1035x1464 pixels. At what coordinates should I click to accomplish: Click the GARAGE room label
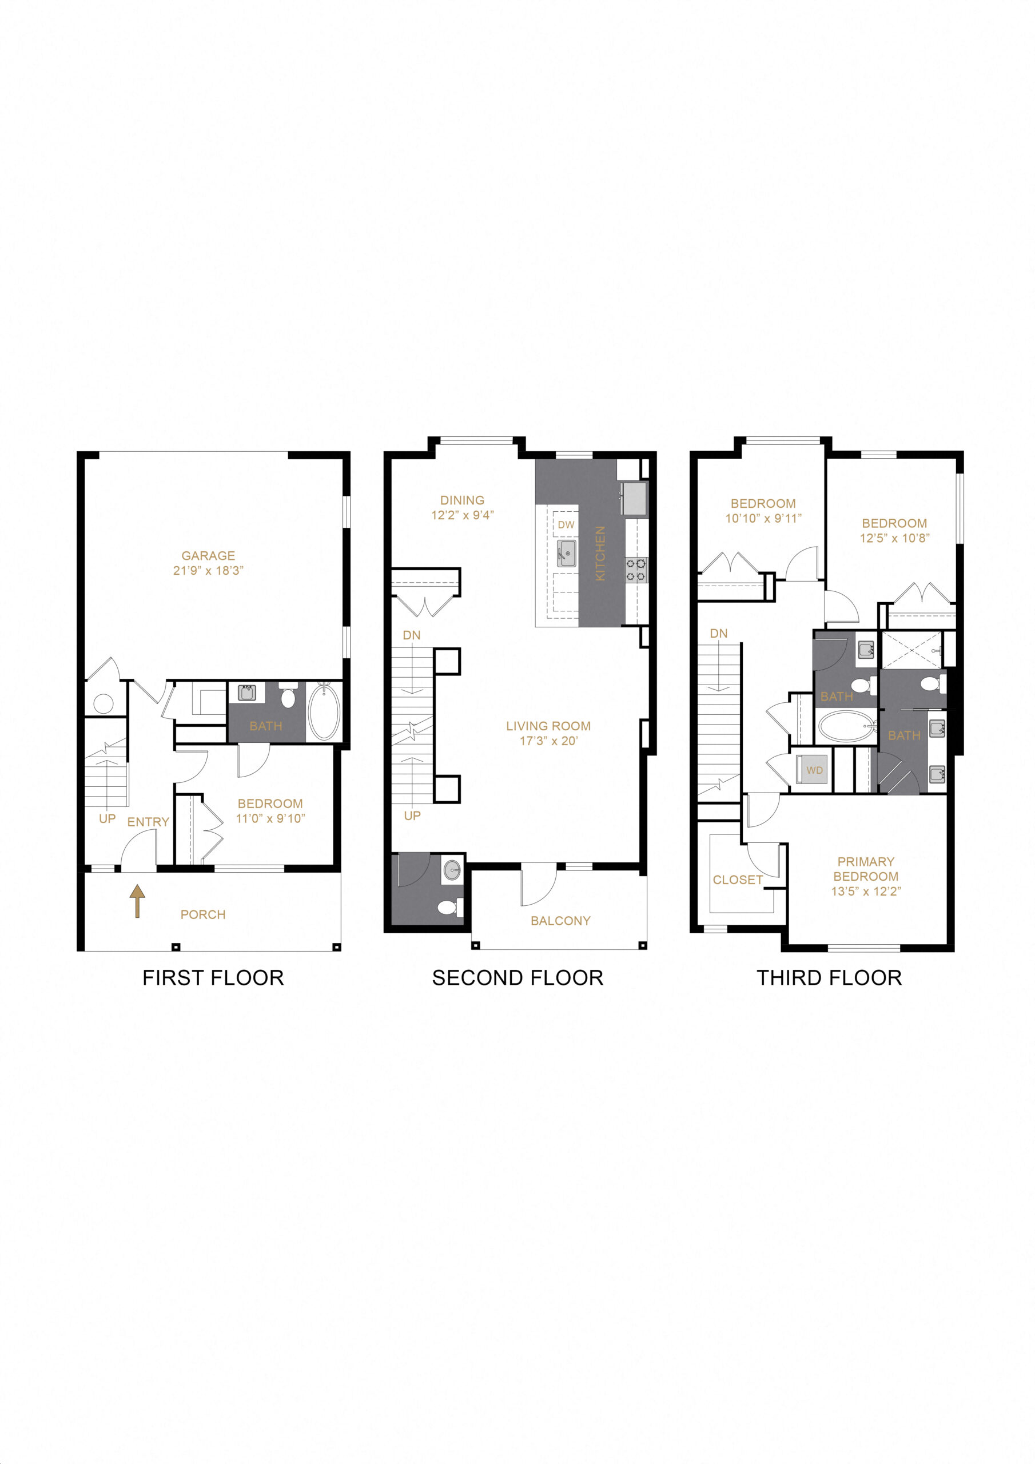click(208, 555)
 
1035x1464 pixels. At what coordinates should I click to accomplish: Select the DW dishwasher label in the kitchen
click(566, 525)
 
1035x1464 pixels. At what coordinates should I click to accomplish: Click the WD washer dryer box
click(814, 770)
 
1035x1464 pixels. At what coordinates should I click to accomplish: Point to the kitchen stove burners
click(636, 570)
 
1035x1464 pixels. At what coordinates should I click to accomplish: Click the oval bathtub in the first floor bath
click(324, 711)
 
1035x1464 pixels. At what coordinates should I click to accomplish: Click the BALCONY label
click(560, 921)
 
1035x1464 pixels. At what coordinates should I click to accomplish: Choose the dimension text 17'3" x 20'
click(548, 741)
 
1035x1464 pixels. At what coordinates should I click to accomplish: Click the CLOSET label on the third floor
click(737, 880)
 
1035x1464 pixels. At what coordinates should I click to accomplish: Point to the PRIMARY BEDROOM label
click(865, 869)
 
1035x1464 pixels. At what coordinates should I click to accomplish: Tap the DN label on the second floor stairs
click(411, 635)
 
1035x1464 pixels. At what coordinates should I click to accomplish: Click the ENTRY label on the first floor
click(148, 822)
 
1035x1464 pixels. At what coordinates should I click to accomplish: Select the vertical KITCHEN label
click(600, 553)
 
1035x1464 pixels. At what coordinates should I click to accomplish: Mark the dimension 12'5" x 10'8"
click(894, 538)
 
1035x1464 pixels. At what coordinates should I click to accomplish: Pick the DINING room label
click(461, 500)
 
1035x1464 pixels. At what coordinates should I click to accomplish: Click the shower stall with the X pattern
click(913, 650)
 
